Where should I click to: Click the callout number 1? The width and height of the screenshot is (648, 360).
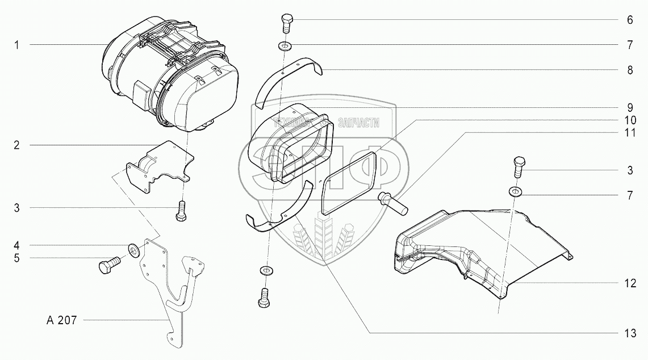pos(17,45)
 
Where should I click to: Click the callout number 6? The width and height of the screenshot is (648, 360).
pos(630,20)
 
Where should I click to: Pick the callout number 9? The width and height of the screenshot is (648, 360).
pos(630,106)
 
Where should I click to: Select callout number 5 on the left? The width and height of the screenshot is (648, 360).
pos(17,258)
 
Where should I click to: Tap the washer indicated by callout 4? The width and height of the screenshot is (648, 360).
pos(135,249)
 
